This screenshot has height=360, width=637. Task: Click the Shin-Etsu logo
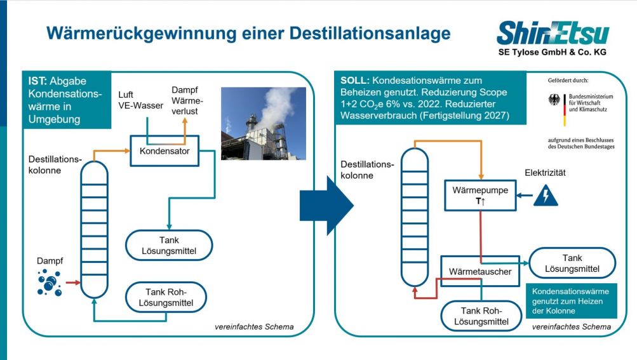pos(553,34)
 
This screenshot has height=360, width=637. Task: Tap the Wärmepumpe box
pos(480,194)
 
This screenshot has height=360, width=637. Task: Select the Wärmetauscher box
pos(480,272)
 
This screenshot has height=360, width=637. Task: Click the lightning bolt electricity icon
pos(546,195)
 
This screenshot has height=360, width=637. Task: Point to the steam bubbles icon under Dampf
pos(50,283)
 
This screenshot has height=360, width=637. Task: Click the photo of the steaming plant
pos(263,123)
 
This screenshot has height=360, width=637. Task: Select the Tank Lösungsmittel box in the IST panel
pos(168,244)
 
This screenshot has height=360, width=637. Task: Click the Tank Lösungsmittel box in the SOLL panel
pos(572,263)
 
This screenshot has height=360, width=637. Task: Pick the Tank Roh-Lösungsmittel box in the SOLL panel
pos(481,316)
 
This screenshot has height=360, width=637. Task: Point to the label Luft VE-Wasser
pos(140,100)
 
